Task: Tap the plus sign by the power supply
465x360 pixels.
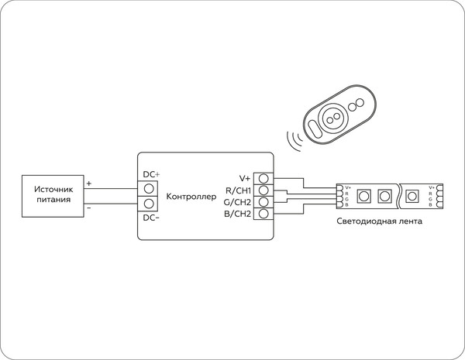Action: (x=89, y=183)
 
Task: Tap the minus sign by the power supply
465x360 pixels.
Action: (x=89, y=207)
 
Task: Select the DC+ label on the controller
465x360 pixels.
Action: (x=152, y=174)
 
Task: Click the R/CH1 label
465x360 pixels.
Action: (x=236, y=190)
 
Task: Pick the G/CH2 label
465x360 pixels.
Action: (x=236, y=201)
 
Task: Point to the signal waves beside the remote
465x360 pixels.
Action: (x=294, y=141)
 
